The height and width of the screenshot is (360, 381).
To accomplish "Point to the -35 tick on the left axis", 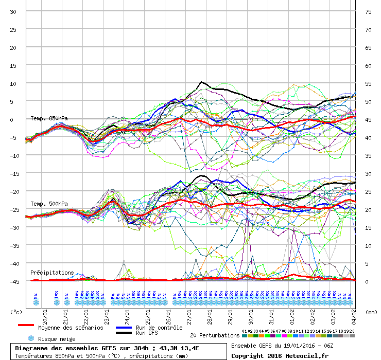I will [x=13, y=245].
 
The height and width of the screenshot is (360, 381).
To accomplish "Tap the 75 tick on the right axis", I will [x=368, y=11].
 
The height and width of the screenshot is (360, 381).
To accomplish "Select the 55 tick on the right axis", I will [x=368, y=83].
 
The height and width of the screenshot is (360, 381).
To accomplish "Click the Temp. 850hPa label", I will [x=49, y=118].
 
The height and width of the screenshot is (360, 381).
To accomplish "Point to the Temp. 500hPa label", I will [x=49, y=204].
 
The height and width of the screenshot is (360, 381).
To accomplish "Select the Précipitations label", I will [x=51, y=273].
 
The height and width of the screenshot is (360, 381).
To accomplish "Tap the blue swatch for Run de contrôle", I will [x=123, y=328].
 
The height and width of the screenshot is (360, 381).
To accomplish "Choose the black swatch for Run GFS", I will [x=123, y=333].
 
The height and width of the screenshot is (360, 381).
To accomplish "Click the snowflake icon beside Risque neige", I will [x=31, y=338].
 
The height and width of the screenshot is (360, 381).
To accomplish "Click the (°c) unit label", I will [x=16, y=312].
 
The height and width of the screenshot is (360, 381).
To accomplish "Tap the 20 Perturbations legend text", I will [x=214, y=335].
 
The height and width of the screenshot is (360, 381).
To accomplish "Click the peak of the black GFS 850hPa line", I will [x=202, y=82].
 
